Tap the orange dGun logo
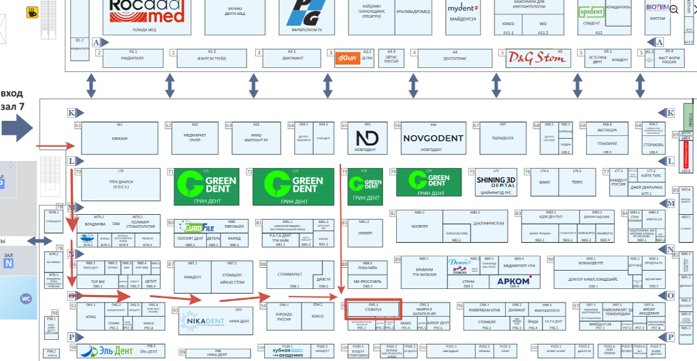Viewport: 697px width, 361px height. pos(347,58)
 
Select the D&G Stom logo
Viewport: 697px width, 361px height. pos(536,57)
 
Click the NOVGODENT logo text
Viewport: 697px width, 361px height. pos(433,138)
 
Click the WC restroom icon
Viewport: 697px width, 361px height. pos(27,298)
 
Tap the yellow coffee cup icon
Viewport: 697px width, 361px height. pos(32,12)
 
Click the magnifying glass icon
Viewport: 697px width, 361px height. pos(674,9)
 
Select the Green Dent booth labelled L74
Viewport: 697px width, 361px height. pos(428,179)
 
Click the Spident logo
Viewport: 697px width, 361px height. pos(591,12)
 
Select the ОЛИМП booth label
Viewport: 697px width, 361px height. pos(364,233)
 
